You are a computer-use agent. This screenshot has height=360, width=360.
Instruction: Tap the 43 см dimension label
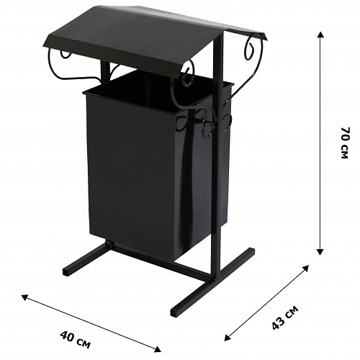point(285,318)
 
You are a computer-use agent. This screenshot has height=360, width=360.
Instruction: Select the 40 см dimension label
point(75,339)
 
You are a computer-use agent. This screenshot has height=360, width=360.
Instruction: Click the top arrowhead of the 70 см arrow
point(320,34)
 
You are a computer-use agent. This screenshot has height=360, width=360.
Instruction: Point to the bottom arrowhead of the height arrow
point(320,252)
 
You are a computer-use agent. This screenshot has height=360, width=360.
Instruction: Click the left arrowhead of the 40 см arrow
point(24,297)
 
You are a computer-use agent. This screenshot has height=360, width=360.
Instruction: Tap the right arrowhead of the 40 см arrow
point(158,349)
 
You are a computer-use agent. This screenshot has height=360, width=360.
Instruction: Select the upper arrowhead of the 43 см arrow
point(306,268)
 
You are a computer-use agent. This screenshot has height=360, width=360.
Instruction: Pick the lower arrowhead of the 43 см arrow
point(227,338)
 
